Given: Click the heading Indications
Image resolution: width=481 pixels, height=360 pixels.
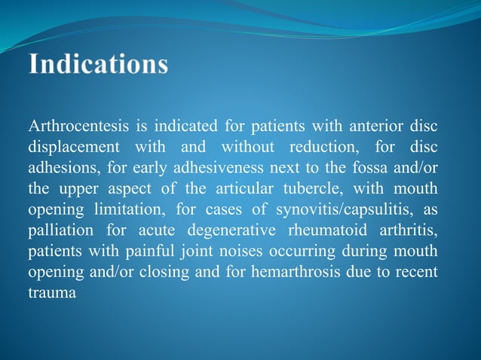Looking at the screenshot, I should click(99, 63).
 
